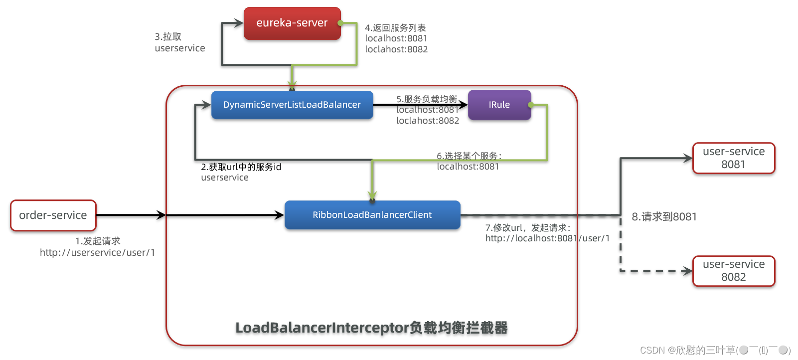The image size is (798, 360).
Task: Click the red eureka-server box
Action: [292, 23]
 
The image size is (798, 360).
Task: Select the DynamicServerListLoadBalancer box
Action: [292, 105]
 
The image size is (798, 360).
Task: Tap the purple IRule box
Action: [499, 105]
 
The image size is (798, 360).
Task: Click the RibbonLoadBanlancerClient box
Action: [372, 215]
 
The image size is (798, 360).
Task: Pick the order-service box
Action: [53, 215]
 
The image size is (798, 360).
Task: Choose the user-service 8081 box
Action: [733, 158]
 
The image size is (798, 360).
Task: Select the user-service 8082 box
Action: [733, 271]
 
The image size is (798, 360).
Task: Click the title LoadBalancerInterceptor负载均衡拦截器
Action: [371, 328]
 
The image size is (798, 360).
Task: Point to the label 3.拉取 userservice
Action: [179, 42]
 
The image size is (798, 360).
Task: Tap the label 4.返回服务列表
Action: [395, 28]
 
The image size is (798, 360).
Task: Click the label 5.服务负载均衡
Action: [427, 99]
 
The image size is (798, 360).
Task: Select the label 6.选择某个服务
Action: [469, 156]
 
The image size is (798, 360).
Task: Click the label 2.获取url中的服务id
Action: [241, 167]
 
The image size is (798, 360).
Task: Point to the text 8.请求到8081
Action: [664, 217]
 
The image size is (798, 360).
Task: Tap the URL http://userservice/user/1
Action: [98, 253]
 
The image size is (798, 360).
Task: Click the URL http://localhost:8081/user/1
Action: [547, 238]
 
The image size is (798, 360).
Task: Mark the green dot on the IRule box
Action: [531, 105]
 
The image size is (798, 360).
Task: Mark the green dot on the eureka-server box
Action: [340, 23]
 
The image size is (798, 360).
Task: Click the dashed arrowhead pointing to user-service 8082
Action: [688, 271]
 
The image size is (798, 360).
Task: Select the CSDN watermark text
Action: [715, 350]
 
